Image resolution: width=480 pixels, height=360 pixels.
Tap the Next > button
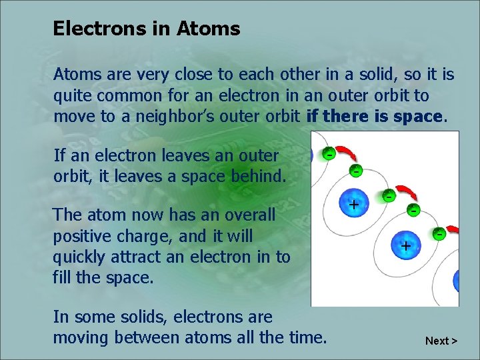pos(441,341)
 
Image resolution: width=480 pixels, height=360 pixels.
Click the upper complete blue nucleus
pos(353,204)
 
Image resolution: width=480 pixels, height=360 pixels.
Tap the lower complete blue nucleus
pos(405,245)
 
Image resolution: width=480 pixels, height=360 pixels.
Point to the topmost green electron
pos(329,153)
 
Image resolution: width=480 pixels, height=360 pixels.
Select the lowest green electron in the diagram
pos(439,233)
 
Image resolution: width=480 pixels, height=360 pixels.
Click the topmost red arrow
pos(348,157)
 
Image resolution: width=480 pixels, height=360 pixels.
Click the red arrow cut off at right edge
pos(453,230)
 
